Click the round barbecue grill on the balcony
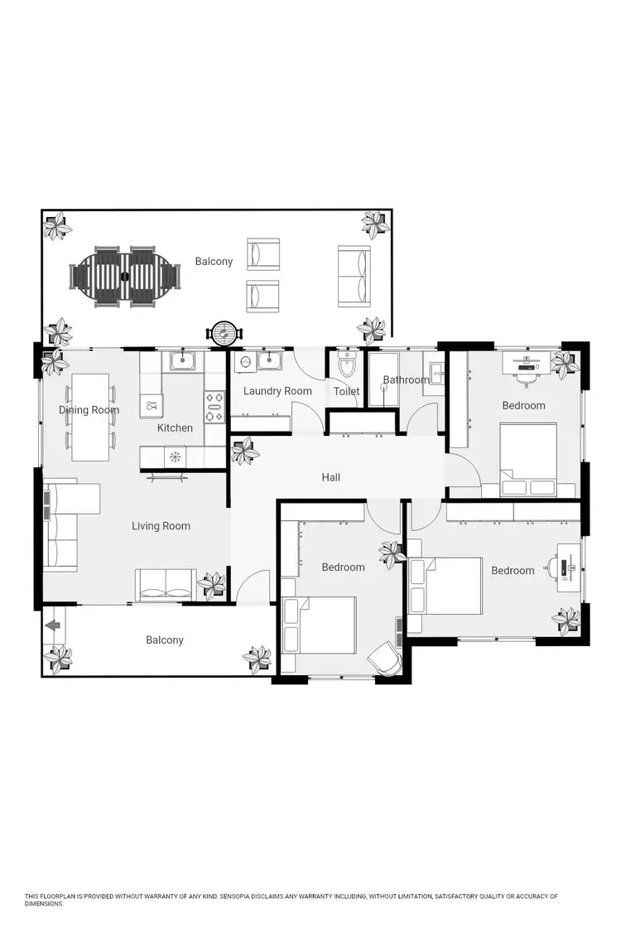pyautogui.click(x=224, y=333)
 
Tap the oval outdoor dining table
pyautogui.click(x=125, y=275)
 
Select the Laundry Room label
pyautogui.click(x=277, y=391)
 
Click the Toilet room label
pyautogui.click(x=346, y=392)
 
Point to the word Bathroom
pyautogui.click(x=406, y=380)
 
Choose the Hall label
pyautogui.click(x=331, y=477)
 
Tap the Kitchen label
pyautogui.click(x=175, y=428)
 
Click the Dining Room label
pyautogui.click(x=89, y=410)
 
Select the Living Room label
pyautogui.click(x=161, y=526)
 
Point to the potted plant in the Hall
pyautogui.click(x=245, y=452)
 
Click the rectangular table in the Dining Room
pyautogui.click(x=90, y=417)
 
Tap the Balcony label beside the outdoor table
pyautogui.click(x=214, y=262)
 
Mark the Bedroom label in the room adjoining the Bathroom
pyautogui.click(x=523, y=406)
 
